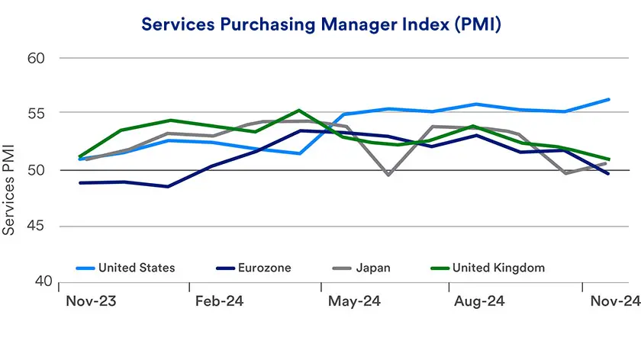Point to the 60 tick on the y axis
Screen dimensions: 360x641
[x=36, y=58]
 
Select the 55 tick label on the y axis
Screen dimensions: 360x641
[x=36, y=114]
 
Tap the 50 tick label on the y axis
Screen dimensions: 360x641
[x=36, y=170]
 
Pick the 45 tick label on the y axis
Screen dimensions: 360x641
[x=36, y=227]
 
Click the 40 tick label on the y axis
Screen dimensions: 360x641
[x=36, y=282]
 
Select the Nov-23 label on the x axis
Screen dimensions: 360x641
[x=91, y=301]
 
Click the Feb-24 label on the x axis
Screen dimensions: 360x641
[x=220, y=301]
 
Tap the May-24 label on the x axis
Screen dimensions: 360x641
[x=353, y=301]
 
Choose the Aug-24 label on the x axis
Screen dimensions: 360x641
[x=478, y=301]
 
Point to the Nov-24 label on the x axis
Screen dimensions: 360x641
[x=614, y=301]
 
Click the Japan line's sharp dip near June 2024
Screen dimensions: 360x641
[x=388, y=175]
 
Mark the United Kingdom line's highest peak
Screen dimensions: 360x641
[x=299, y=111]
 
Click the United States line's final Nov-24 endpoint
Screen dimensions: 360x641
[x=609, y=99]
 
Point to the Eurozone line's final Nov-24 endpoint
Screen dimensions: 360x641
[x=609, y=174]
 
